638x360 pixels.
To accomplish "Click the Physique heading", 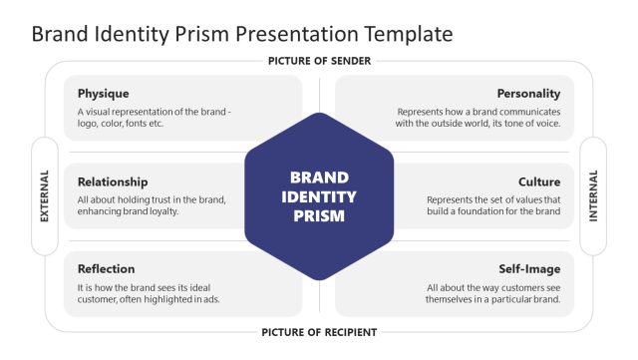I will point(104,94).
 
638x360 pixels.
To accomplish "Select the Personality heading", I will point(528,94).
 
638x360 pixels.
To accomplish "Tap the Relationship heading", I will point(113,181).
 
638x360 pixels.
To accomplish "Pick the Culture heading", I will point(539,181).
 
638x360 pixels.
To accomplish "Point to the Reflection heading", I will point(107,269).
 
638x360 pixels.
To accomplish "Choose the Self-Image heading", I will point(529,269).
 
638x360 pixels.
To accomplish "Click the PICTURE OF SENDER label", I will point(319,61).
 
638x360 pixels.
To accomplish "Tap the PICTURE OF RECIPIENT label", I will point(319,331).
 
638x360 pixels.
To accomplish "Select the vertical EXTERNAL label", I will point(45,196).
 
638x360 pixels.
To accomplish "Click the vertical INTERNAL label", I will point(594,196).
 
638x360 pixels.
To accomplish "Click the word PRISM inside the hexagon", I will point(319,215).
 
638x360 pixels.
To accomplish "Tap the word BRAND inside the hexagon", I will point(319,178).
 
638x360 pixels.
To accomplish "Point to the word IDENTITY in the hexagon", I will point(319,196).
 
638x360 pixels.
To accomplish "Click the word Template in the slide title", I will point(413,34).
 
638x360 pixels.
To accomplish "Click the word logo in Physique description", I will point(90,125).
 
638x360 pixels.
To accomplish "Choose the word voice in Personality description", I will point(547,125).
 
